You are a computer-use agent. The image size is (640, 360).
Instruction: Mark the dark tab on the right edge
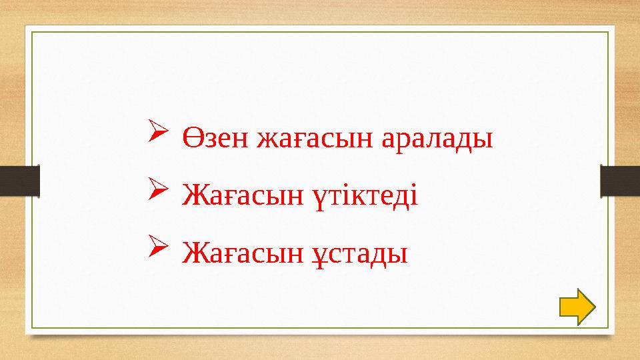pyautogui.click(x=620, y=181)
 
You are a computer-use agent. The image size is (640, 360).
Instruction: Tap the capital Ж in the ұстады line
pyautogui.click(x=192, y=252)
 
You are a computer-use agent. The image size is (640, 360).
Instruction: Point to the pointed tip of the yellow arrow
pyautogui.click(x=593, y=307)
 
